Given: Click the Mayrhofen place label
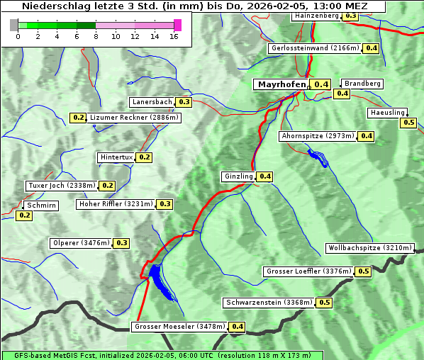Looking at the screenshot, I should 281,84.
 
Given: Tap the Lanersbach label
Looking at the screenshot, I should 152,102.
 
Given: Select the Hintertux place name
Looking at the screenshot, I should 116,157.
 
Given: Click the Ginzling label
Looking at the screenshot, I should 238,176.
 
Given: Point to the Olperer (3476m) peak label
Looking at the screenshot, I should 82,243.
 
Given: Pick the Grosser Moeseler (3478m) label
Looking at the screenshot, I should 179,327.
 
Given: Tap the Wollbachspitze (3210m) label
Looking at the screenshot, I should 369,248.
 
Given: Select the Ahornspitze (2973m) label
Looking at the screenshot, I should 317,136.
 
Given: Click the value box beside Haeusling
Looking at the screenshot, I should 408,123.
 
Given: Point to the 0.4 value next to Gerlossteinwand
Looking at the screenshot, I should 372,48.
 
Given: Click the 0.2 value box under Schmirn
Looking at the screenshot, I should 24,215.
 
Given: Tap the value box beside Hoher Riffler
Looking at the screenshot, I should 165,204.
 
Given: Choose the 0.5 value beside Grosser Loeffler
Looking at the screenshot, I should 364,271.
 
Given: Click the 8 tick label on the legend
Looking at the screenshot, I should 96,36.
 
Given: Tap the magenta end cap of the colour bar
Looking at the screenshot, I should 177,25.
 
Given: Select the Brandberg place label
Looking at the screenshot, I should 362,84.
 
